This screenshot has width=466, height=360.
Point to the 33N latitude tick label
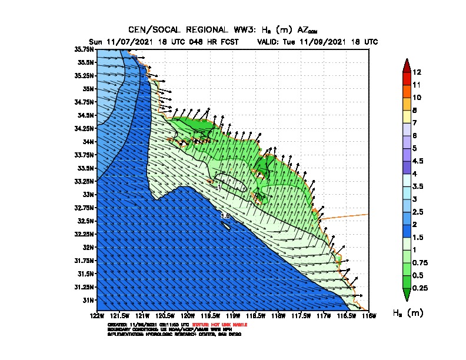88,194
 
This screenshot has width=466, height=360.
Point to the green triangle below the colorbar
406,294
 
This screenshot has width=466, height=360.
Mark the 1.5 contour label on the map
225,216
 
